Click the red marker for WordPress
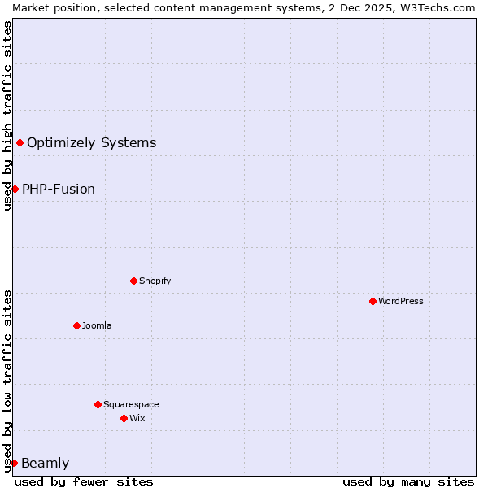tap(373, 301)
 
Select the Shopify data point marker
tap(133, 281)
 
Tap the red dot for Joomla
tap(76, 325)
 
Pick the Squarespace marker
tap(98, 404)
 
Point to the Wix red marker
tap(124, 418)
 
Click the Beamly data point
tap(14, 463)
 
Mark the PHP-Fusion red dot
tap(15, 189)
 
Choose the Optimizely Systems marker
tap(20, 143)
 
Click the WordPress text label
tap(401, 301)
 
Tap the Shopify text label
tap(155, 281)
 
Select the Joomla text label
tap(97, 325)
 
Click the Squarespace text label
tap(131, 404)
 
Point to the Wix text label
tap(137, 418)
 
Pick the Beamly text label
tap(45, 464)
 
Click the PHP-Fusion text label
tap(59, 190)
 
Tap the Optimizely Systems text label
tap(91, 143)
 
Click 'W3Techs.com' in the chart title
tap(442, 7)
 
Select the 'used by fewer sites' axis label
tap(84, 481)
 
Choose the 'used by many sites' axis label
tap(408, 481)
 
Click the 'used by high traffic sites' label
tap(7, 115)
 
